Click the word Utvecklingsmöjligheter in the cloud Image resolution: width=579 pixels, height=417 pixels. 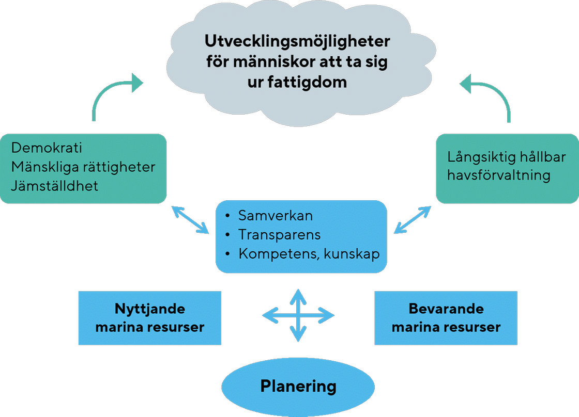(x=297, y=41)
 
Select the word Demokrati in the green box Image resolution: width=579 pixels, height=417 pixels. (x=47, y=148)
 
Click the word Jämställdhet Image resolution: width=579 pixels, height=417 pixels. (x=55, y=186)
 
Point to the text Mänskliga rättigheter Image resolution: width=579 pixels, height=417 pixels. (x=83, y=167)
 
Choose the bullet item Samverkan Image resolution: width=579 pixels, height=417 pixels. (x=276, y=215)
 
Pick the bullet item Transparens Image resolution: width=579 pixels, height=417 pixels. (x=279, y=235)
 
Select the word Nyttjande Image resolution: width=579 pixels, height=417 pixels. (x=149, y=309)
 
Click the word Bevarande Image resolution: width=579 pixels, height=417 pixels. (x=446, y=309)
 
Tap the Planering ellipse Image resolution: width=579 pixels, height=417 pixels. (x=298, y=386)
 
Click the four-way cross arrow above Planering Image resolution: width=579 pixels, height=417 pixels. (x=298, y=315)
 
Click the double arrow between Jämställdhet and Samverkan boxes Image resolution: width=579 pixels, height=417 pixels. (x=190, y=219)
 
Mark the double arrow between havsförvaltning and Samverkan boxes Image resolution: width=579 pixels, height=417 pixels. (x=413, y=220)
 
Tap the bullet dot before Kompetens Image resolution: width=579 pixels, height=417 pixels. (x=228, y=254)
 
